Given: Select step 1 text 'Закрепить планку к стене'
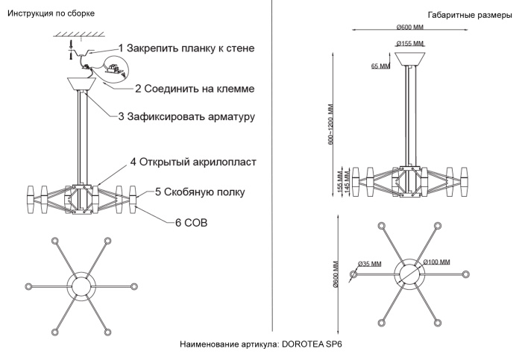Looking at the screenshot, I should (x=186, y=48).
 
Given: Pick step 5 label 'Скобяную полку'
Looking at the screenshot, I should (x=200, y=192).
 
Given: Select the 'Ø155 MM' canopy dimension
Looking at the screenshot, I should (x=409, y=43).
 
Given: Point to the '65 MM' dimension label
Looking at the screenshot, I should (x=380, y=66).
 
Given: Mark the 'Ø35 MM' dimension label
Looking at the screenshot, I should (x=370, y=263).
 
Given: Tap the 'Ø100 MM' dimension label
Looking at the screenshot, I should (x=436, y=263).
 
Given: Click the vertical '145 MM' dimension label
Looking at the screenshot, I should (x=348, y=183).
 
